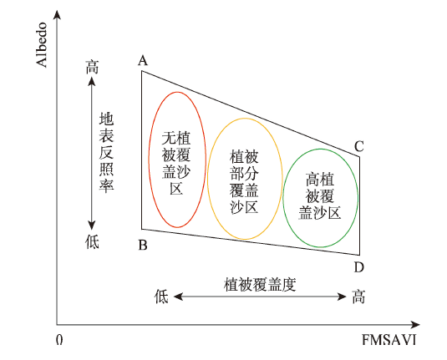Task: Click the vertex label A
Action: (x=143, y=60)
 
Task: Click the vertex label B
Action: (x=143, y=245)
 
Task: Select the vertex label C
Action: (x=359, y=146)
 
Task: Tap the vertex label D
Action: (x=359, y=267)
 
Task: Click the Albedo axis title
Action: (x=42, y=45)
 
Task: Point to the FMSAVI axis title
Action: (x=389, y=339)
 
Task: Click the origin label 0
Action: (x=59, y=339)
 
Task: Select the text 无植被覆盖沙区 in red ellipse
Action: (x=176, y=163)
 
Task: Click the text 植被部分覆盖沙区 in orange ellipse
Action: (x=244, y=181)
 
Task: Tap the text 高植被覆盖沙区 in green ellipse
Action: (x=320, y=195)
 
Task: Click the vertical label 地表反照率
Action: (x=106, y=152)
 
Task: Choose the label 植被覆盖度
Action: (x=260, y=284)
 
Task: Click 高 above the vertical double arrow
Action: (x=92, y=67)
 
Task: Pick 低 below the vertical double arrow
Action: (x=92, y=242)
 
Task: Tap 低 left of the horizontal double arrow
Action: (x=161, y=297)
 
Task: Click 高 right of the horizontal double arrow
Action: (x=358, y=297)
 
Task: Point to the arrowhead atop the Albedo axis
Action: (x=58, y=15)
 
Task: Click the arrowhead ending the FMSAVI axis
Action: (x=415, y=325)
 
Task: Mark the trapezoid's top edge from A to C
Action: (x=251, y=114)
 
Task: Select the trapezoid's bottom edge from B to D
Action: (x=251, y=242)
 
